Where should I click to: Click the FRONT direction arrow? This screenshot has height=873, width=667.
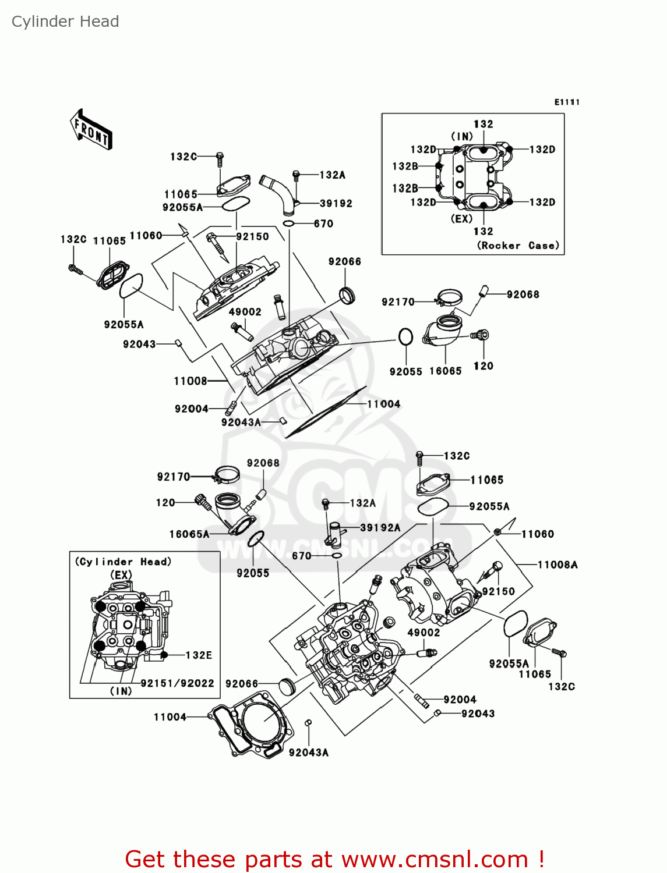[91, 129]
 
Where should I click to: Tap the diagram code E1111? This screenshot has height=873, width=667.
[567, 102]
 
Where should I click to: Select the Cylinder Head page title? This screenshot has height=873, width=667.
[65, 22]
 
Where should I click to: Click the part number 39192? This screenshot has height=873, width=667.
[336, 204]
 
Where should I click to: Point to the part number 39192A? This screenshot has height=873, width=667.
[380, 527]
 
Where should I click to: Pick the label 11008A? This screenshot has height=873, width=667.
[557, 565]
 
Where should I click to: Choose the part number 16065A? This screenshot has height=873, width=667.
[189, 534]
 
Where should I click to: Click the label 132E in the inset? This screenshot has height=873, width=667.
[199, 655]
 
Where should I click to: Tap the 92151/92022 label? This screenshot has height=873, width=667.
[178, 683]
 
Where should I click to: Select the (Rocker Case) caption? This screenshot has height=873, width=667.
[518, 246]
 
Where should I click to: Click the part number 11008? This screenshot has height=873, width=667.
[190, 381]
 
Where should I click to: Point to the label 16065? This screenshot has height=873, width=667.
[445, 371]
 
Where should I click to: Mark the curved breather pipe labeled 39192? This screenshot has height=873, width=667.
[278, 193]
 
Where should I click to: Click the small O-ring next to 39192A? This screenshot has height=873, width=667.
[336, 555]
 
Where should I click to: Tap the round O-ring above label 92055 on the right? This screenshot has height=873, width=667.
[405, 337]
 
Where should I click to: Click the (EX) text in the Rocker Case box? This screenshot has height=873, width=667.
[461, 218]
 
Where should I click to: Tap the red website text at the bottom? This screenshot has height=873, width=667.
[334, 859]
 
